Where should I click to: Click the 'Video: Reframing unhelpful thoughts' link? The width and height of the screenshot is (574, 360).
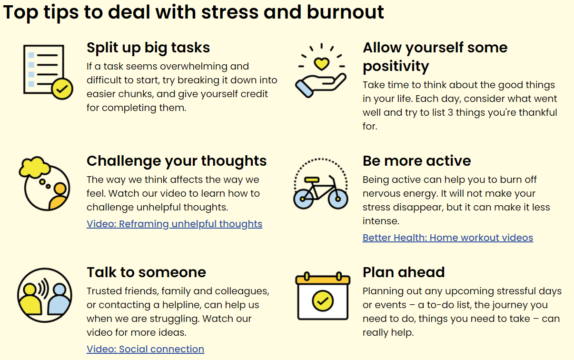pyautogui.click(x=174, y=224)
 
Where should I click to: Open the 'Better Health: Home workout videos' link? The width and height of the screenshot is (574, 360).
pyautogui.click(x=448, y=238)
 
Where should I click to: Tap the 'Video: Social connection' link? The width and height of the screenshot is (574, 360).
pyautogui.click(x=145, y=349)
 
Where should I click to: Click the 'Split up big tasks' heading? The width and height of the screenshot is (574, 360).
pyautogui.click(x=148, y=48)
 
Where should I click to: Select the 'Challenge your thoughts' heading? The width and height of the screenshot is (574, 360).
pyautogui.click(x=177, y=161)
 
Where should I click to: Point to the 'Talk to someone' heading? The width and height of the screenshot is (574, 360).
pyautogui.click(x=146, y=272)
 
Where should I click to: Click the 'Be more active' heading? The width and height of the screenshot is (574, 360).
pyautogui.click(x=416, y=161)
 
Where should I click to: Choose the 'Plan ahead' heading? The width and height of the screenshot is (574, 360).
pyautogui.click(x=404, y=272)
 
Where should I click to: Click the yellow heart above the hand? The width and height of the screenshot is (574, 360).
pyautogui.click(x=322, y=64)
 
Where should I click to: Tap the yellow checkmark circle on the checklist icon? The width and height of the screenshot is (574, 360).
pyautogui.click(x=62, y=89)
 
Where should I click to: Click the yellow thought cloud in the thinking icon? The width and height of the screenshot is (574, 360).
pyautogui.click(x=35, y=167)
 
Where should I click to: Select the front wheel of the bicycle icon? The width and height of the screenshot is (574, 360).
pyautogui.click(x=338, y=199)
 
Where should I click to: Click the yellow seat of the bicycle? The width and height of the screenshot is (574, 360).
pyautogui.click(x=312, y=180)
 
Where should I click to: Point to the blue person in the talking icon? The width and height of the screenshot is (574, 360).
pyautogui.click(x=59, y=299)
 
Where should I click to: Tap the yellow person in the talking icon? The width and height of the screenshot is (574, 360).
pyautogui.click(x=30, y=299)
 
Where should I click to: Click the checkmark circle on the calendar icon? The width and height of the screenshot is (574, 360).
pyautogui.click(x=323, y=301)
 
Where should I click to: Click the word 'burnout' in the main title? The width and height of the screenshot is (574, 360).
pyautogui.click(x=346, y=12)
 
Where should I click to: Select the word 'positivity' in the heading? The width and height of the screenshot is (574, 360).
pyautogui.click(x=396, y=67)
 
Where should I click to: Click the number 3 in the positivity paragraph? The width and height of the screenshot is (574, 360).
pyautogui.click(x=450, y=112)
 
